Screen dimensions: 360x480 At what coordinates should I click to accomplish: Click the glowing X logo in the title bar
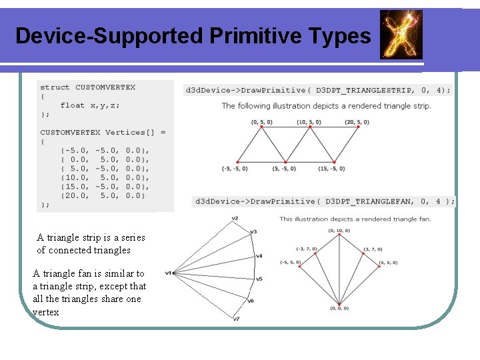point(401,34)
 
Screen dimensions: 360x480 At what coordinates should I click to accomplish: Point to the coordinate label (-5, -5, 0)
point(234,169)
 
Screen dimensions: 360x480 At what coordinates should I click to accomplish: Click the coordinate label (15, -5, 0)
point(331,169)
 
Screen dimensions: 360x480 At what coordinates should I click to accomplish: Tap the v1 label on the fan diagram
point(169,273)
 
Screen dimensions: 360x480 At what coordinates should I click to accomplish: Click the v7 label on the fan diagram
point(237,319)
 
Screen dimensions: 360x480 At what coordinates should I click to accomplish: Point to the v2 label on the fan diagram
point(235,219)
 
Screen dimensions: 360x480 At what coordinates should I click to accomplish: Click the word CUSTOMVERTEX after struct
point(105,87)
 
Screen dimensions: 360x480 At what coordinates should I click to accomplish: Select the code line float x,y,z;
point(90,105)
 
